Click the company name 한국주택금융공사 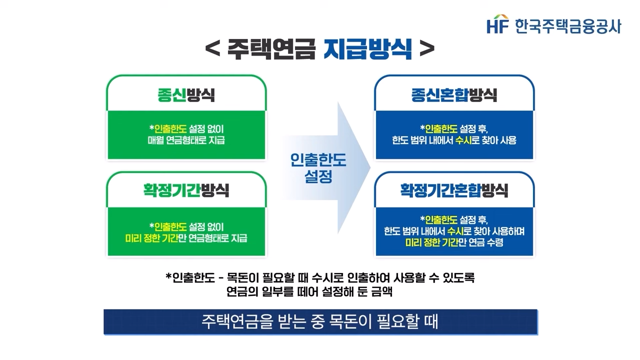(x=567, y=25)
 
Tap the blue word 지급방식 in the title (x=367, y=49)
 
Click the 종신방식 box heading (x=186, y=95)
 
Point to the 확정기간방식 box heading (x=186, y=190)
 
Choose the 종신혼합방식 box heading (x=454, y=95)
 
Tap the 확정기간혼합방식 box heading (x=454, y=190)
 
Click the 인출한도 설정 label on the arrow (x=318, y=168)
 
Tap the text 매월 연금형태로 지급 (x=186, y=140)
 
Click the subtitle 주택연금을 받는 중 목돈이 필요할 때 (x=320, y=321)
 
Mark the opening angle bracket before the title (x=212, y=50)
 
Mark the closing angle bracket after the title (x=427, y=50)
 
